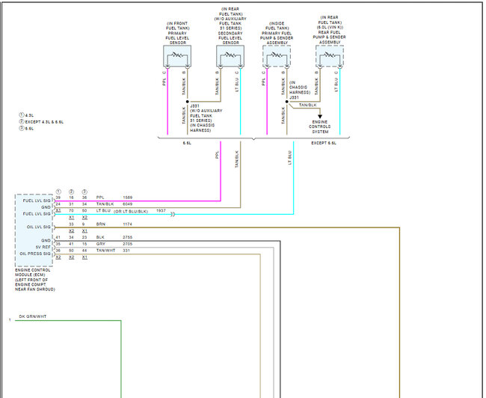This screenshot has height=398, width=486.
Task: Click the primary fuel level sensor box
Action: [177, 57]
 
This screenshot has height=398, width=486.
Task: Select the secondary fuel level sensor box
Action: [230, 57]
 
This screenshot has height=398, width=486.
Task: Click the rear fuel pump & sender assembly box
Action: [329, 57]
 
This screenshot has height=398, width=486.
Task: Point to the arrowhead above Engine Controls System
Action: [320, 114]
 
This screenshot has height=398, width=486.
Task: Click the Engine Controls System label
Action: [320, 126]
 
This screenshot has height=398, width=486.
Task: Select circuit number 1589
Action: [128, 198]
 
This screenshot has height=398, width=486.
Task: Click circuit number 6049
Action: [128, 203]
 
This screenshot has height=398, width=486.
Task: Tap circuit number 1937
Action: [161, 211]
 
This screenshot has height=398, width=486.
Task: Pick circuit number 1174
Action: [128, 224]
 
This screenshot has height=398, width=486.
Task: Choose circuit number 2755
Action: [128, 237]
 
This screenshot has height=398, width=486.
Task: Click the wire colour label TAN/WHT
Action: [105, 251]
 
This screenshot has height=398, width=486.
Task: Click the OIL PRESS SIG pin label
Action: [35, 254]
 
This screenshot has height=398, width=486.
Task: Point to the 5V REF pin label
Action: [42, 247]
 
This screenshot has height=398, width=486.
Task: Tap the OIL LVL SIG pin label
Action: [37, 227]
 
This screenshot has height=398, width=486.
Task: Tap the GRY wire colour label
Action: [100, 244]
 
